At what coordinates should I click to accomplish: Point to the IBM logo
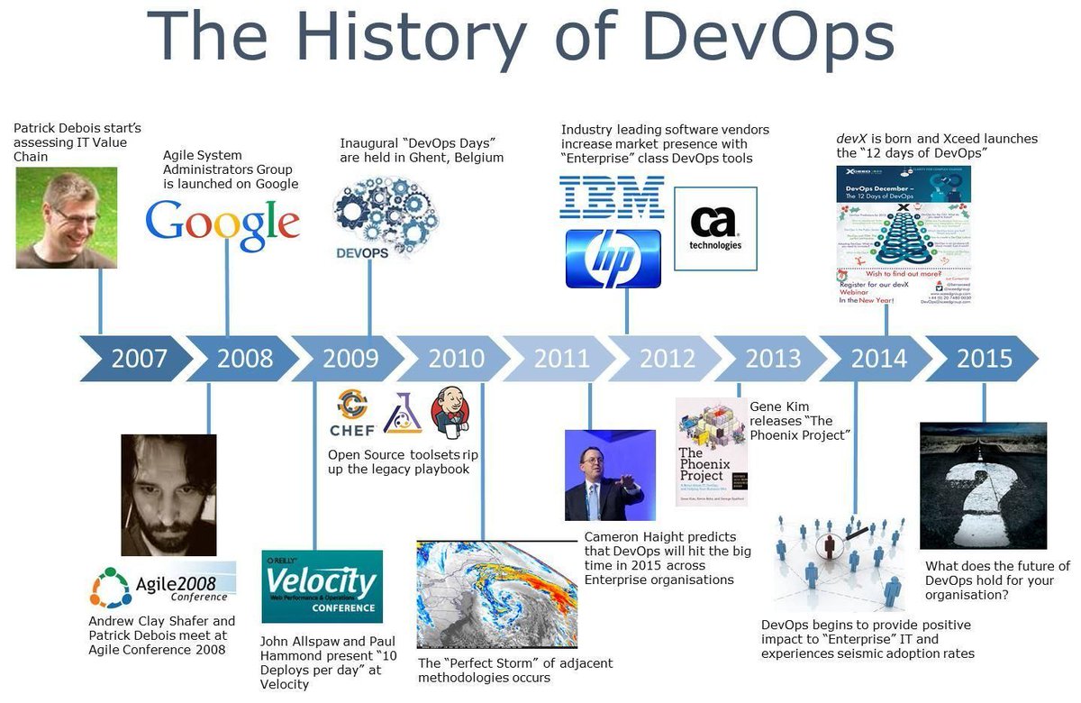(612, 197)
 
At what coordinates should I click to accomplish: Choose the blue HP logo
(613, 259)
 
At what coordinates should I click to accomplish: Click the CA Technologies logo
(715, 229)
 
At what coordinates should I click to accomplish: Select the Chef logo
(352, 414)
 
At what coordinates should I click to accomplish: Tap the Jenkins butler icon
(449, 411)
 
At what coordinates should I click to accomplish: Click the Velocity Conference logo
(322, 586)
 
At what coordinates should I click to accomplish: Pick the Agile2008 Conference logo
(163, 586)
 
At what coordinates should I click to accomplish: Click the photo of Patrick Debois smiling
(66, 218)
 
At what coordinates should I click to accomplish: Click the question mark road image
(983, 485)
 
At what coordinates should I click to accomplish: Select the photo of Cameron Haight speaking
(610, 475)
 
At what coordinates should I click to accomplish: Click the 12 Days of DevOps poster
(904, 234)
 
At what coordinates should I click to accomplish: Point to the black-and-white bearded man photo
(168, 495)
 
